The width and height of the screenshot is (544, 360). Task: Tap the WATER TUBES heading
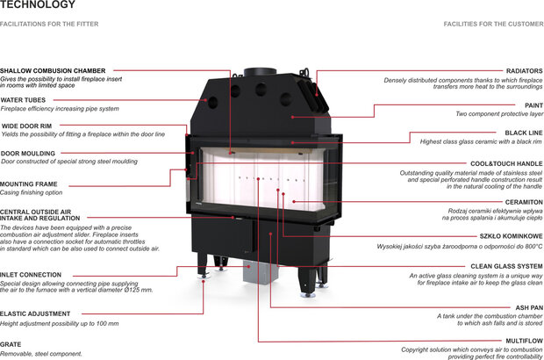click(23, 100)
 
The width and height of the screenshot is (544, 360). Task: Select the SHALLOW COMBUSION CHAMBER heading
click(53, 70)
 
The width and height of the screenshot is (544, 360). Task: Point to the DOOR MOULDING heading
click(28, 153)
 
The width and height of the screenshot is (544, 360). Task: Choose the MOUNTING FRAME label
click(29, 184)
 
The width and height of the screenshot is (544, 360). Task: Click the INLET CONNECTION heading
click(31, 275)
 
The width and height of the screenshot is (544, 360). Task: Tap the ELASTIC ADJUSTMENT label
click(35, 313)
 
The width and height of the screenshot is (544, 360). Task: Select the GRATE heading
click(11, 345)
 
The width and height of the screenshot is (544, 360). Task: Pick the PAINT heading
click(533, 104)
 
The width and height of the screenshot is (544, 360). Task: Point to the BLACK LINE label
click(524, 133)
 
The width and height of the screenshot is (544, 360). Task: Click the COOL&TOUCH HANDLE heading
click(506, 164)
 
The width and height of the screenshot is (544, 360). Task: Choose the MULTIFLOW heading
click(525, 340)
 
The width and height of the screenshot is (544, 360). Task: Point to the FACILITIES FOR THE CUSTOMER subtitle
click(493, 24)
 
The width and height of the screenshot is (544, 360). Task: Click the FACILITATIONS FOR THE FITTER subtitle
click(49, 24)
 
